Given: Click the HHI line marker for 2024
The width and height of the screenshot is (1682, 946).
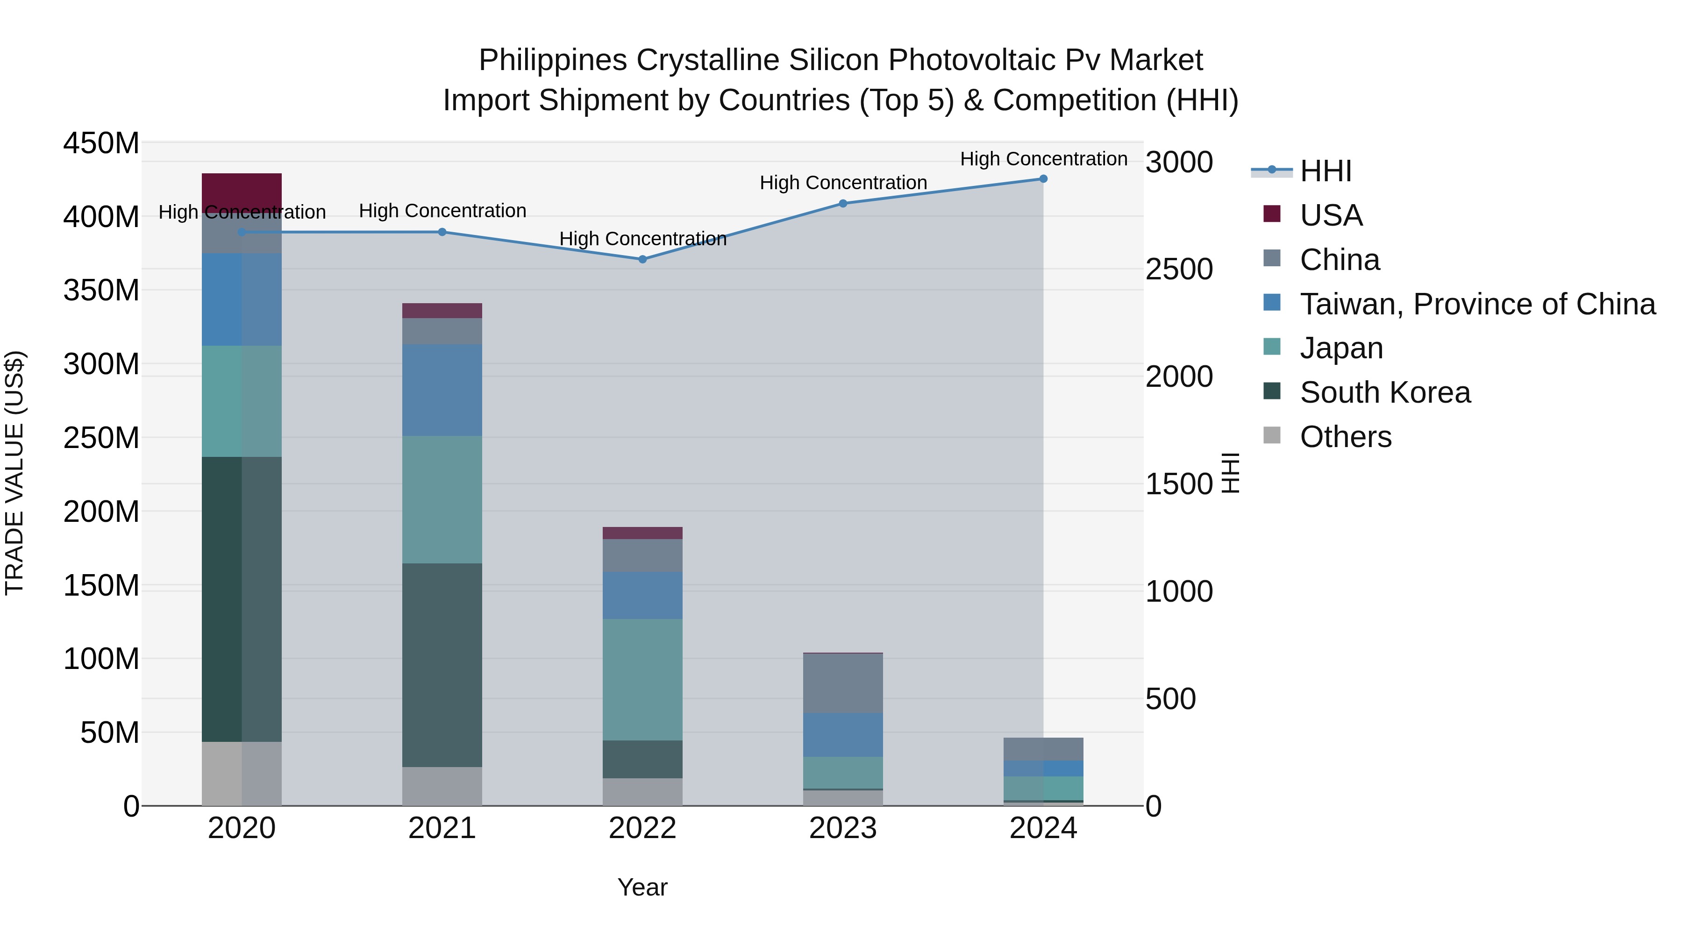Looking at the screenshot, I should click(1043, 179).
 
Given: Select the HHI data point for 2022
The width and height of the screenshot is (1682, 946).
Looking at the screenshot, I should click(642, 259).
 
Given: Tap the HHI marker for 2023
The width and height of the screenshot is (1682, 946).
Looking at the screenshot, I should click(842, 204).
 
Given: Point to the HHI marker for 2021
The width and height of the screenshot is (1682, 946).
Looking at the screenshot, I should click(442, 232).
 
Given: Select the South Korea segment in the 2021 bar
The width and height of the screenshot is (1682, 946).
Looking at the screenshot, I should click(442, 665).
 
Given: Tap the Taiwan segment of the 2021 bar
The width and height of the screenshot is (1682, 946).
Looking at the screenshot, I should click(442, 390).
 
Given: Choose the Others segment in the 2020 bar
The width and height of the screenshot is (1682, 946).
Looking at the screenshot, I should click(242, 773).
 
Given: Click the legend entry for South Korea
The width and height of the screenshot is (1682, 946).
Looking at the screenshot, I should click(1385, 392).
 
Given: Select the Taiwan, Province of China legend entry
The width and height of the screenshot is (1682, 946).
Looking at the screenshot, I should click(1477, 304).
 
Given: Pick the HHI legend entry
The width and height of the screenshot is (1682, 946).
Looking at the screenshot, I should click(1326, 171).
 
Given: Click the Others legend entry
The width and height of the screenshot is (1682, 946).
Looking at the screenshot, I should click(1345, 437).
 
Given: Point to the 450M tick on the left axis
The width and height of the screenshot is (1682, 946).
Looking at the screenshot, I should click(101, 143).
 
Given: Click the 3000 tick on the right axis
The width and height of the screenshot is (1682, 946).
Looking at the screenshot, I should click(1179, 162).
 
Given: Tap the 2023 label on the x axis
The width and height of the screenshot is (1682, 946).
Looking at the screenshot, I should click(842, 828).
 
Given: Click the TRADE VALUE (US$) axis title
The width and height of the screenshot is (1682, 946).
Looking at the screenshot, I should click(14, 473).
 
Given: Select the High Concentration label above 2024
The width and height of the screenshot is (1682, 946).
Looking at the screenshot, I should click(1043, 159).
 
